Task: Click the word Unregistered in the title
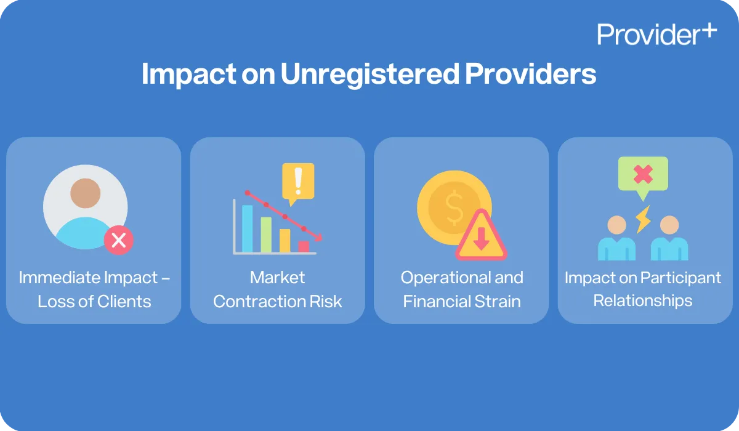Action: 369,75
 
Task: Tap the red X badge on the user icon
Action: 118,240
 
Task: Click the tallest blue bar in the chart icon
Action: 248,228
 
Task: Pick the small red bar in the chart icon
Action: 304,246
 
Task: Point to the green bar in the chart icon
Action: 266,234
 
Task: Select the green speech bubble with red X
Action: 643,174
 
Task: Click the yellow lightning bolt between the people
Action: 643,219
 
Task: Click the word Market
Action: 277,278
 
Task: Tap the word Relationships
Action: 643,300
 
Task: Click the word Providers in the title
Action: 530,75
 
